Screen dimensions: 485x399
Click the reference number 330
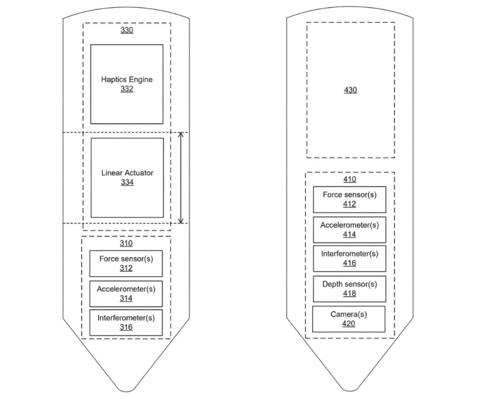point(127,30)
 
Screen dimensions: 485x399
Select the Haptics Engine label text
point(127,80)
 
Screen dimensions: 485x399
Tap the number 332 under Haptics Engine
point(127,89)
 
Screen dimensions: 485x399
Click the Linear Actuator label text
point(127,173)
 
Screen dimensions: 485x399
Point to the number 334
point(127,182)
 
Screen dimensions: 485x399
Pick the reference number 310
point(126,244)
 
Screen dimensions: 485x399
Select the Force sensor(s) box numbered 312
point(126,264)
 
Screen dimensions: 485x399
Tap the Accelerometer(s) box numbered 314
point(126,294)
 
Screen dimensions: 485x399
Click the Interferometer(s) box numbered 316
point(126,323)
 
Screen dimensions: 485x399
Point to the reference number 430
point(351,90)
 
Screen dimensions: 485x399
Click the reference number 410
point(350,179)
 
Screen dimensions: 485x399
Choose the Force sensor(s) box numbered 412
point(350,199)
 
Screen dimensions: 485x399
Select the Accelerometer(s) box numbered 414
point(350,230)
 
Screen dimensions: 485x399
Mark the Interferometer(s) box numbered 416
point(350,258)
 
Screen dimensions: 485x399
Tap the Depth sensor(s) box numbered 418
point(350,289)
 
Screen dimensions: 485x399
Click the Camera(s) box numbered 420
point(349,319)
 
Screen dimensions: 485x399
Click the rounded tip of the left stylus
point(126,390)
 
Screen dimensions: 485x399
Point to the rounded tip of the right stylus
point(350,390)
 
